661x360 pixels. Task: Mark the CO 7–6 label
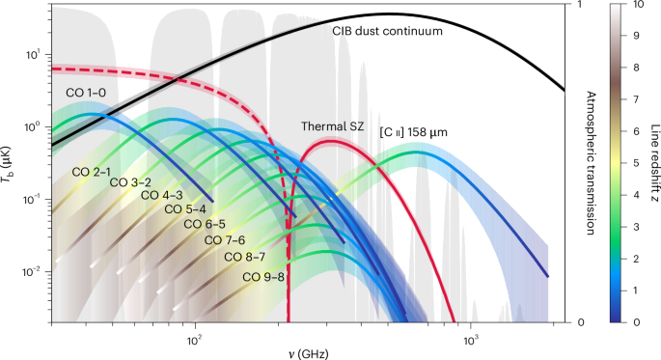pyautogui.click(x=223, y=240)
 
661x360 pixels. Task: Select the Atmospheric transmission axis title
pyautogui.click(x=590, y=163)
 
